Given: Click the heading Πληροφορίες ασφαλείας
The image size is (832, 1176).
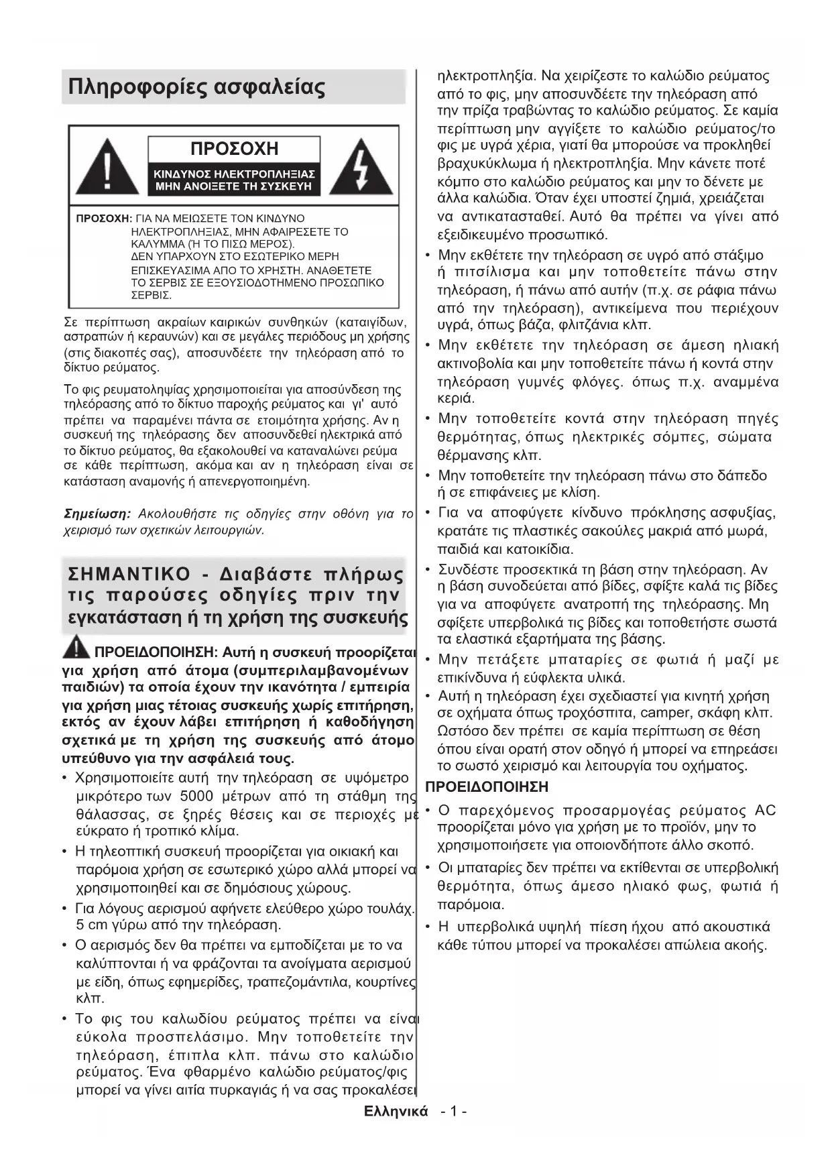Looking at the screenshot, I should click(196, 87).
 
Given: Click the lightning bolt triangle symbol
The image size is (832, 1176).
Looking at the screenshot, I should click(361, 168).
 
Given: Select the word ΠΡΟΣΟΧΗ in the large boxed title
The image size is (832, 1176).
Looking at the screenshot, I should click(234, 148).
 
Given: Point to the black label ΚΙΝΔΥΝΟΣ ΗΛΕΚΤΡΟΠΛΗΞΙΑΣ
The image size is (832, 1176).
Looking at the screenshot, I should click(234, 174).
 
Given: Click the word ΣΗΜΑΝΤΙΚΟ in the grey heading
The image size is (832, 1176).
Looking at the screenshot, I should click(129, 575).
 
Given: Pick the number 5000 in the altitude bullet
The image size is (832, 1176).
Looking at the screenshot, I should click(196, 797).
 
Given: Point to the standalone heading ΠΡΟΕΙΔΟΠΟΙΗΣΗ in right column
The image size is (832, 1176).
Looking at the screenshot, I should click(487, 786).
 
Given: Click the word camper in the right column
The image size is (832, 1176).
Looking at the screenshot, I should click(664, 713).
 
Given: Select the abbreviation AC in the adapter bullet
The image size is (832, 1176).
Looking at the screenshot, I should click(764, 810).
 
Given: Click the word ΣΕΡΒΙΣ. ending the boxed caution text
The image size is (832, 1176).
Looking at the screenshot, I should click(152, 295).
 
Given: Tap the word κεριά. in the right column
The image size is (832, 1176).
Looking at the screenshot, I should click(456, 399).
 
